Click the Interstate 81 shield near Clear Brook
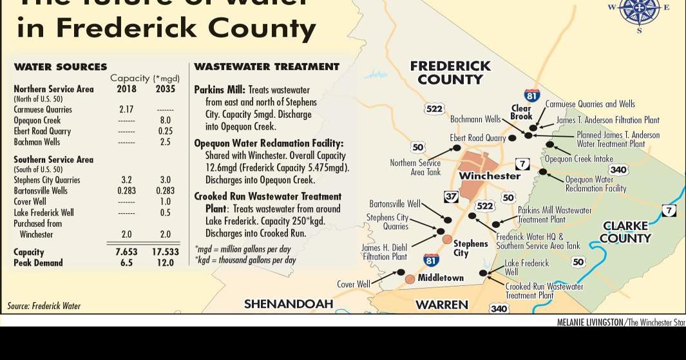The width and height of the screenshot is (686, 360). pos(531,95)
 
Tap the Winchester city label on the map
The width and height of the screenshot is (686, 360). pos(490,176)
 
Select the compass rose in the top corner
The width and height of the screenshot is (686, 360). pos(639,9)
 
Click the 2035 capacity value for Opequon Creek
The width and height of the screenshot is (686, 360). pos(165,120)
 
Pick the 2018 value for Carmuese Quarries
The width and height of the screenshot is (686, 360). pos(126,109)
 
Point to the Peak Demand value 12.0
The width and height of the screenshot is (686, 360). pos(165,263)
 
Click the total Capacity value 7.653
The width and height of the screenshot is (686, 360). pos(126,252)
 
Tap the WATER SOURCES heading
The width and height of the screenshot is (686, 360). pos(61,67)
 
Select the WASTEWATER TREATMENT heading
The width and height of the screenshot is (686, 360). pos(267,67)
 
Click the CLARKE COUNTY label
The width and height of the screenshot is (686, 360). pos(625,232)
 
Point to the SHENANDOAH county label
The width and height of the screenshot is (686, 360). pos(289,304)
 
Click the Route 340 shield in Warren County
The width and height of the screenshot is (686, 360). pos(499,309)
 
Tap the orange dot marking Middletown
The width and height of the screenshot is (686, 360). pos(410,279)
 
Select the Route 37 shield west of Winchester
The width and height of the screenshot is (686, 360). pos(452,196)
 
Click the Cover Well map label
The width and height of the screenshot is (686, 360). pos(354,284)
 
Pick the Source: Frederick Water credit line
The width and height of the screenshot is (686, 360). pos(44,306)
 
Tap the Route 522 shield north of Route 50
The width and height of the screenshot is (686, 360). pos(435,109)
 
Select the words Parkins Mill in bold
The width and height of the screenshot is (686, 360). pos(219,90)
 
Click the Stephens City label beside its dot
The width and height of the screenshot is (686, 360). pos(470,248)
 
